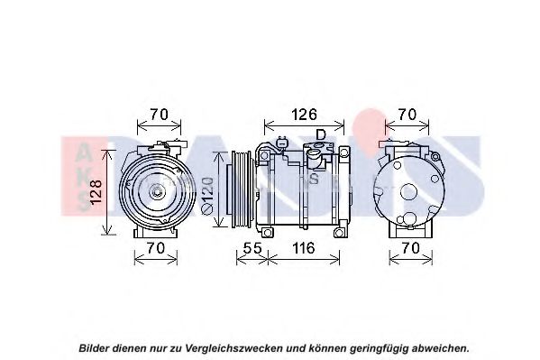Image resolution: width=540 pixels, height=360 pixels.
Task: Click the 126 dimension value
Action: click(x=304, y=115)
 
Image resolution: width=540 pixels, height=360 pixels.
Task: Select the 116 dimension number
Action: click(x=304, y=248)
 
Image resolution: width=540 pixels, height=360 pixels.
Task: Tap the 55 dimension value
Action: click(x=252, y=248)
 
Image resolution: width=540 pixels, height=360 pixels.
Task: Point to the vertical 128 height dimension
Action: click(x=96, y=192)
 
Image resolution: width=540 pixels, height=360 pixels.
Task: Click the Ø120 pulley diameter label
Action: click(x=207, y=196)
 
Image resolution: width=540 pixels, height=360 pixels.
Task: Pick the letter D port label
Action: click(x=321, y=134)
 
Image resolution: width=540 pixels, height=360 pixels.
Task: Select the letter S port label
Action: click(x=314, y=179)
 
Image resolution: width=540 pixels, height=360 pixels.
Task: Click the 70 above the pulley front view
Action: click(x=159, y=115)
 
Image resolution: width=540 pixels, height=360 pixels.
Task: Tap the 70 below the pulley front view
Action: click(x=156, y=248)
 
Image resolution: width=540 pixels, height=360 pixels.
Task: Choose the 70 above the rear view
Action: click(x=407, y=115)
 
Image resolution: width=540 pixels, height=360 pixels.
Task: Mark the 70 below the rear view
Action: click(x=410, y=248)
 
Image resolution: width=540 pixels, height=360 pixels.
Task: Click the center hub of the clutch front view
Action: click(x=156, y=190)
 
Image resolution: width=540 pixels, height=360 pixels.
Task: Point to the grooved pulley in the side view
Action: click(x=241, y=189)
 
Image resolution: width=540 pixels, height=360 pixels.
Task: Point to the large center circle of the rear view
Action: click(x=408, y=192)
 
